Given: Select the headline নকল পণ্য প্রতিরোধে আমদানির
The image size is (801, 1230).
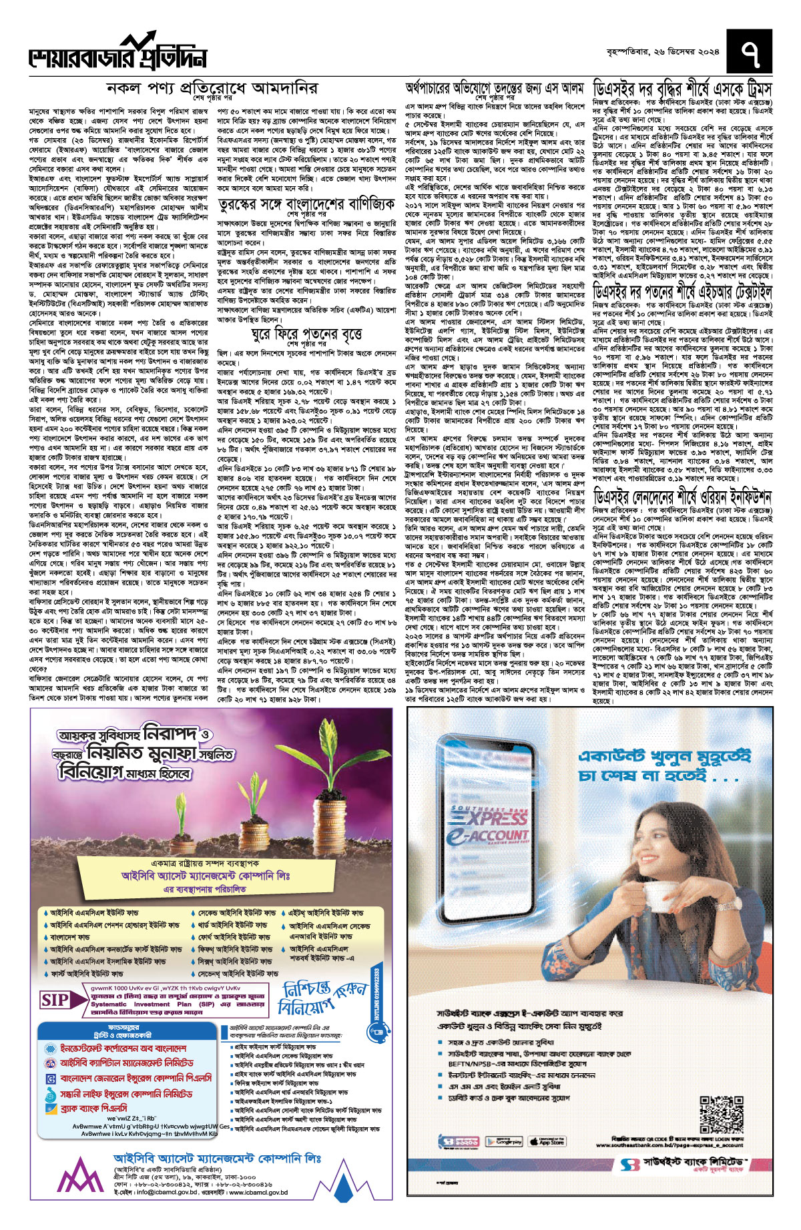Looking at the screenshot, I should tap(212, 88).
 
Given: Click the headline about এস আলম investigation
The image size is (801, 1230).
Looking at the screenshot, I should tap(495, 87).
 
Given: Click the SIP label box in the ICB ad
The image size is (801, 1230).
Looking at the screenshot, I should tap(55, 999).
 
